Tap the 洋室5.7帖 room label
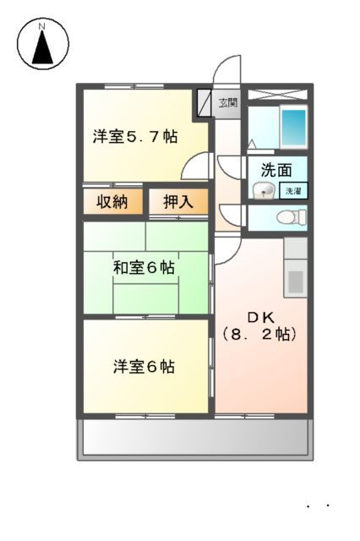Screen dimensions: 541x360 pos(135,137)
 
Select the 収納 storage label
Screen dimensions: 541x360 pos(112,202)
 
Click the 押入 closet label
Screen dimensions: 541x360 pos(178,202)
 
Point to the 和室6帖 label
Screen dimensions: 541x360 pos(145,268)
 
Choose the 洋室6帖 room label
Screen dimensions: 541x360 pos(145,367)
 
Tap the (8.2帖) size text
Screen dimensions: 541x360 pos(260,334)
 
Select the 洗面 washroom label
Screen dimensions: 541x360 pos(276,169)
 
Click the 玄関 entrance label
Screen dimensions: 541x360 pos(228,103)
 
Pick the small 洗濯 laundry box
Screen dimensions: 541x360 pos(292,190)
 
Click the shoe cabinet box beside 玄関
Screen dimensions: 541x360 pos(205,102)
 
